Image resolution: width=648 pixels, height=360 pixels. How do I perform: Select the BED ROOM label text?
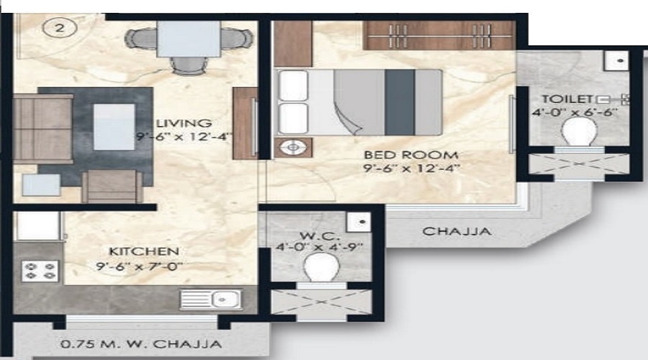pos(410,155)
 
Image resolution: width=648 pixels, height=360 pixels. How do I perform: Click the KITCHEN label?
pos(143,251)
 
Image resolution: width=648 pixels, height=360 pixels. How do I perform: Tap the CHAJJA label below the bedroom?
pos(456,231)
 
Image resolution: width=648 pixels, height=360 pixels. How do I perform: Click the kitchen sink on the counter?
pos(211,297)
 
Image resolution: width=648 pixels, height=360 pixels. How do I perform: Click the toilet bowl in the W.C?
pos(320,269)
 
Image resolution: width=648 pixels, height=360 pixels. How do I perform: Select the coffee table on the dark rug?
pos(114,127)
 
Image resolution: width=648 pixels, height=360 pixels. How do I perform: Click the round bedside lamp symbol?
pos(293,148)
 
